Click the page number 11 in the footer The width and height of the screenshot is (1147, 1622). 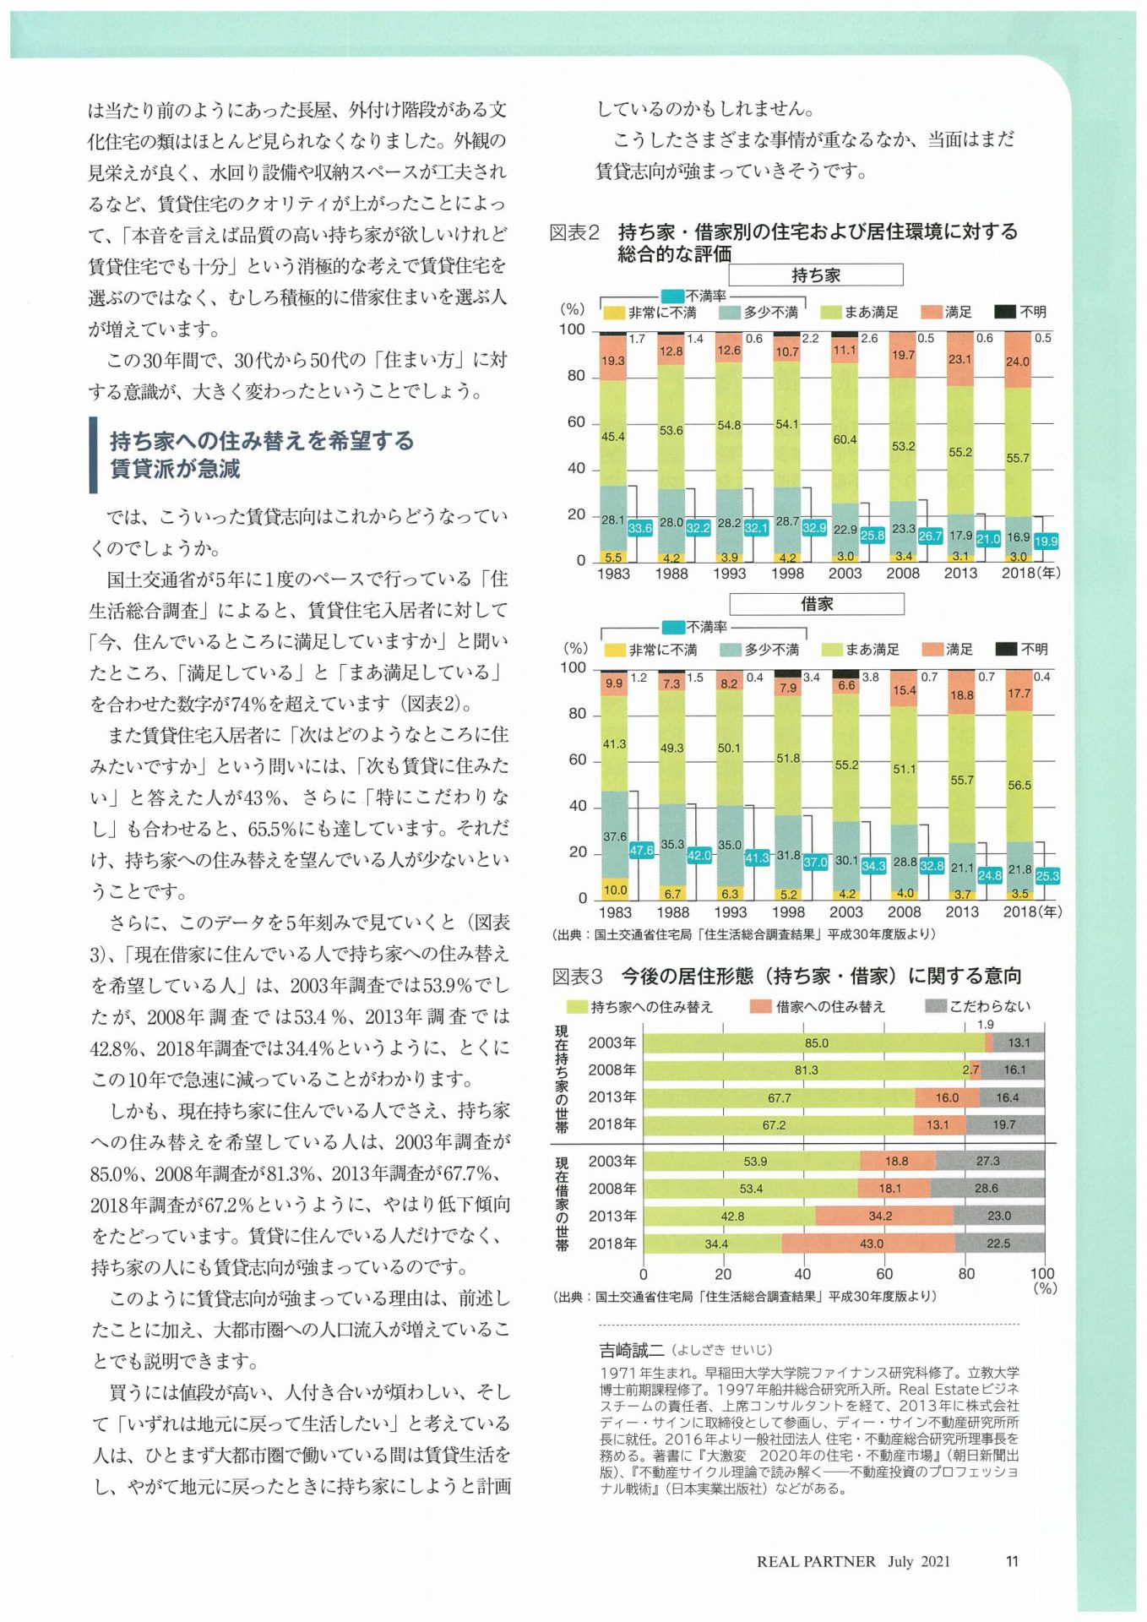click(1012, 1561)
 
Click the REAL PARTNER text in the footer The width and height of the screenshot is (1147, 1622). click(816, 1562)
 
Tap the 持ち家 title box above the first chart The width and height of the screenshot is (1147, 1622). click(815, 275)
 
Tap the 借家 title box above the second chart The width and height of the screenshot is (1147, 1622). click(816, 603)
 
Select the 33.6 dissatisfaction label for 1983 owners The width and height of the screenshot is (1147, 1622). click(639, 528)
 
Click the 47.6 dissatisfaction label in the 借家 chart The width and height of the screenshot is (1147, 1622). click(641, 850)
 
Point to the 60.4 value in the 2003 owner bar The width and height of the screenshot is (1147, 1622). click(845, 439)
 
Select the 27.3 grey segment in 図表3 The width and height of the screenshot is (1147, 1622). click(990, 1161)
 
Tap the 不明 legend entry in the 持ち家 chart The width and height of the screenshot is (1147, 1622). click(1020, 312)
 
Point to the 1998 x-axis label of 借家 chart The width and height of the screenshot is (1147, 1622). click(788, 912)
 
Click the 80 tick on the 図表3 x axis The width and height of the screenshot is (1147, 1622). click(966, 1274)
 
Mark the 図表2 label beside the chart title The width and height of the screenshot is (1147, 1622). click(574, 231)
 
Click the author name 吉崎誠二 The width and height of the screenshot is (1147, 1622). click(632, 1350)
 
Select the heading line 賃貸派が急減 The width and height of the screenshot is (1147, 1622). click(176, 469)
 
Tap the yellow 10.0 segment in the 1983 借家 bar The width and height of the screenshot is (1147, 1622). click(614, 888)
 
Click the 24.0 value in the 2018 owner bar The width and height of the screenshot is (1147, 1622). click(1018, 362)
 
